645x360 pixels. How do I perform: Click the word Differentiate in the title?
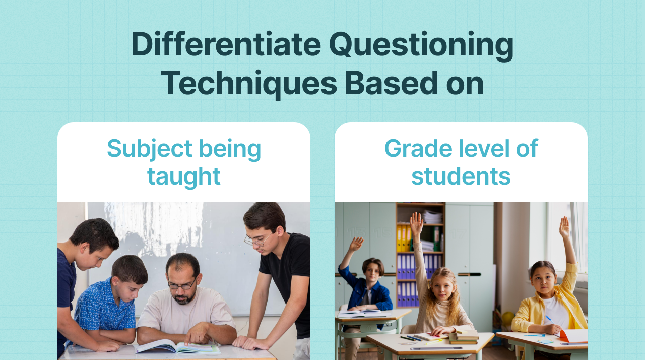click(226, 44)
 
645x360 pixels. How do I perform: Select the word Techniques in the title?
click(248, 83)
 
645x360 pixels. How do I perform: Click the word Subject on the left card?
click(150, 149)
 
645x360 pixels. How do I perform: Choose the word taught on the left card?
click(184, 176)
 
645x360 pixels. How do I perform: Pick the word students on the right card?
click(461, 176)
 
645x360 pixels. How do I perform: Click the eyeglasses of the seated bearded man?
click(181, 285)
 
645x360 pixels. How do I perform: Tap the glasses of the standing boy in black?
click(255, 241)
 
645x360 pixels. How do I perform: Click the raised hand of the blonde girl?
click(416, 222)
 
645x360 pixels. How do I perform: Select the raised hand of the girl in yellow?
click(565, 227)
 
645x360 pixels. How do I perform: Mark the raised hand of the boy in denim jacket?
click(356, 245)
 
